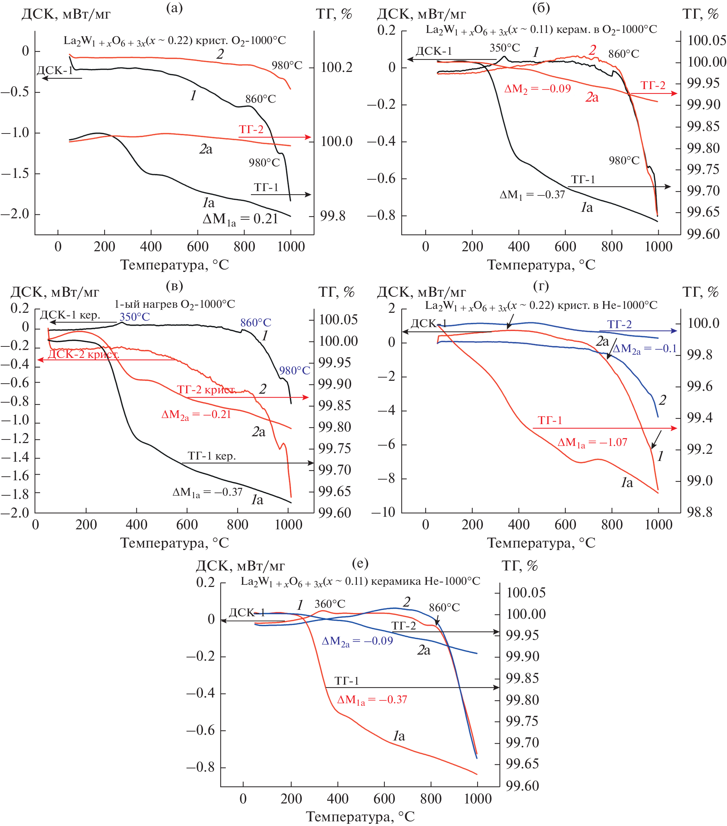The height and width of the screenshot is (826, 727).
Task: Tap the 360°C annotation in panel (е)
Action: [330, 604]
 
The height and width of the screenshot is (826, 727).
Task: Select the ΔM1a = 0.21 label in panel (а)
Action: [240, 219]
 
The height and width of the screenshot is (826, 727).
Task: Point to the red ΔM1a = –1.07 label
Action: [592, 442]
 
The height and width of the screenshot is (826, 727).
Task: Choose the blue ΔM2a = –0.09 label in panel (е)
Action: [357, 641]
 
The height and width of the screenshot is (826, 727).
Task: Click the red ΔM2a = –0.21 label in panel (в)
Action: [196, 415]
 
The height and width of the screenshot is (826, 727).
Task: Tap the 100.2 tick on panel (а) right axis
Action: [336, 68]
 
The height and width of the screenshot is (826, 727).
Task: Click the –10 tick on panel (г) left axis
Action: [383, 512]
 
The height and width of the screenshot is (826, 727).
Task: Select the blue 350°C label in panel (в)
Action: [134, 317]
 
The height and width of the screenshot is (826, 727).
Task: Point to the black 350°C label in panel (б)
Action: [504, 48]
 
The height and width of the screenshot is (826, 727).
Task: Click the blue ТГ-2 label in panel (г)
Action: [619, 324]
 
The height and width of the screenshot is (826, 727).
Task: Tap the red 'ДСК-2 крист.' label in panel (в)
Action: [83, 354]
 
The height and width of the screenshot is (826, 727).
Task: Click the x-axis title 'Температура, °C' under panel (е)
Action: [360, 816]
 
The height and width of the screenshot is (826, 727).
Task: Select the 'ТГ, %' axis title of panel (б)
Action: [700, 14]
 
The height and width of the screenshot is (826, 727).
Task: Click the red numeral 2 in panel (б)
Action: [592, 50]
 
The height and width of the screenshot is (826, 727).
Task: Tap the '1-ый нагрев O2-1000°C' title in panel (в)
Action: [175, 304]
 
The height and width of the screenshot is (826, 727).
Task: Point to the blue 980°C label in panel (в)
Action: [294, 370]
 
